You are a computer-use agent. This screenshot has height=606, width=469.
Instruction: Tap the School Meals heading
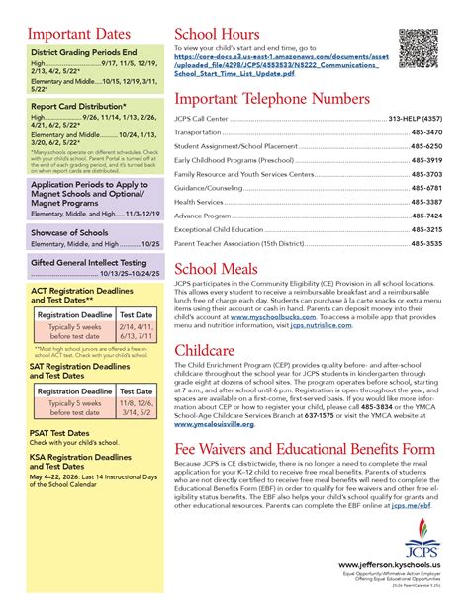218,270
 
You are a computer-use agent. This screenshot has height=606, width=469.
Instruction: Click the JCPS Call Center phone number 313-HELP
415,117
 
